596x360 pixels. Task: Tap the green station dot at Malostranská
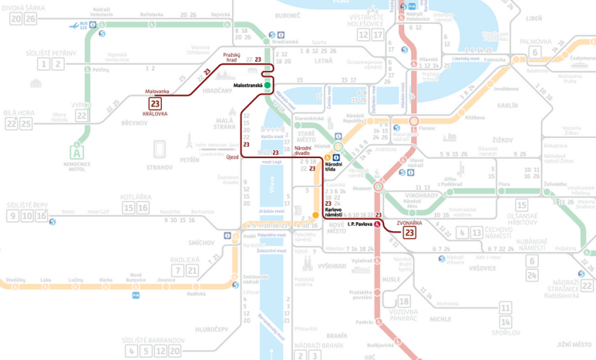[x=267, y=86]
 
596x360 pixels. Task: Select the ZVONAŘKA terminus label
[x=410, y=222]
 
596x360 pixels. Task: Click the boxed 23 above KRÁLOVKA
[x=156, y=104]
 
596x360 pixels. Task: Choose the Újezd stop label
[x=233, y=157]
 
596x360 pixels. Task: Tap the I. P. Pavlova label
[x=360, y=224]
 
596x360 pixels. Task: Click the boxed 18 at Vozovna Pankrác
[x=404, y=301]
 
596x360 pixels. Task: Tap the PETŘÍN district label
[x=190, y=160]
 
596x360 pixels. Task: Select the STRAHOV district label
[x=160, y=168]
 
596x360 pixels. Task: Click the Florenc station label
[x=427, y=129]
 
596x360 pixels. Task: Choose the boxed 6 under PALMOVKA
[x=534, y=52]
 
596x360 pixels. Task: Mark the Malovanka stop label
[x=157, y=92]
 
